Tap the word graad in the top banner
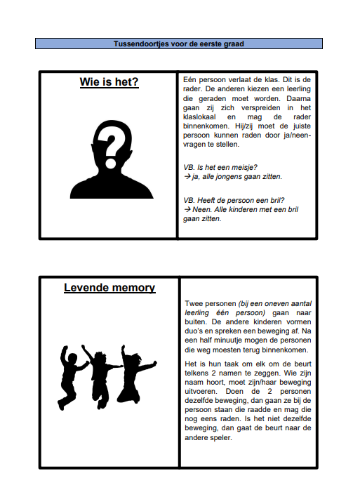tap(234, 44)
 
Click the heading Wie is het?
tap(109, 83)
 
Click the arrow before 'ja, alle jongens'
tap(187, 176)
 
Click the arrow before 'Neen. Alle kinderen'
tap(187, 209)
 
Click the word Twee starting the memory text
tap(193, 303)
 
